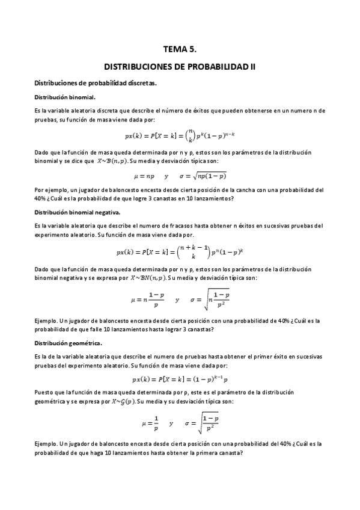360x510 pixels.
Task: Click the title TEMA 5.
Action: [x=180, y=52]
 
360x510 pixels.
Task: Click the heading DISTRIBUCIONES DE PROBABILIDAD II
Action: [x=180, y=68]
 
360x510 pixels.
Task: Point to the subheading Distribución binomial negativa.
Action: [x=77, y=212]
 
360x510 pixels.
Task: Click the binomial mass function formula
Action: [x=180, y=135]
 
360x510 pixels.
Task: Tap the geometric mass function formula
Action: [x=180, y=379]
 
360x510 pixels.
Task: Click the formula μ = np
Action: [x=144, y=176]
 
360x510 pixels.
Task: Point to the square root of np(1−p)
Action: [x=207, y=176]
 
